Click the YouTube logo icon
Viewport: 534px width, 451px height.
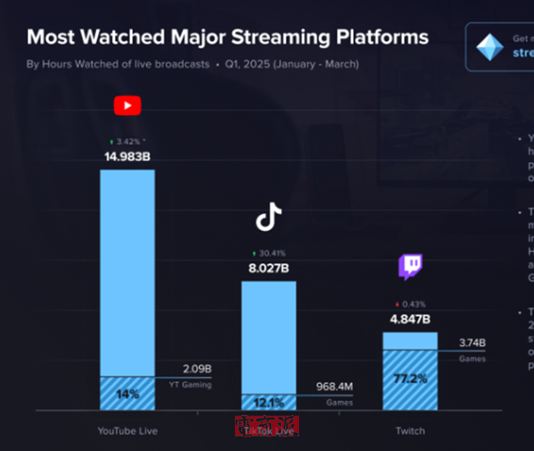(x=127, y=106)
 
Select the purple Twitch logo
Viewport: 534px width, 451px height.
(x=411, y=267)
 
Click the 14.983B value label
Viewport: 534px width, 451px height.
(x=127, y=158)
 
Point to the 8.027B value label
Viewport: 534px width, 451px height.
(x=268, y=269)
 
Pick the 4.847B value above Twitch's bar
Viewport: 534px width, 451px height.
(x=410, y=319)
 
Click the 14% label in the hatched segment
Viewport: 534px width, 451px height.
(x=127, y=394)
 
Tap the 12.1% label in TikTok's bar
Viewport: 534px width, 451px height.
(x=268, y=402)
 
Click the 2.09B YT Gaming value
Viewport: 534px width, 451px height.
(x=197, y=369)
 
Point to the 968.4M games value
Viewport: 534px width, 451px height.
(x=334, y=387)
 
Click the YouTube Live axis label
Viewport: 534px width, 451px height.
(x=127, y=431)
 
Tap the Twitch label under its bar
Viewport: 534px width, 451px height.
(x=410, y=431)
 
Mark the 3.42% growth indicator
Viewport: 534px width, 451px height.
(x=127, y=142)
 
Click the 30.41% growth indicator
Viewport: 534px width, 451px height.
(x=268, y=253)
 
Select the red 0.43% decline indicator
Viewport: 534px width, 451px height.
(x=410, y=304)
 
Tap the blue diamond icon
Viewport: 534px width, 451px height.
(x=489, y=47)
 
